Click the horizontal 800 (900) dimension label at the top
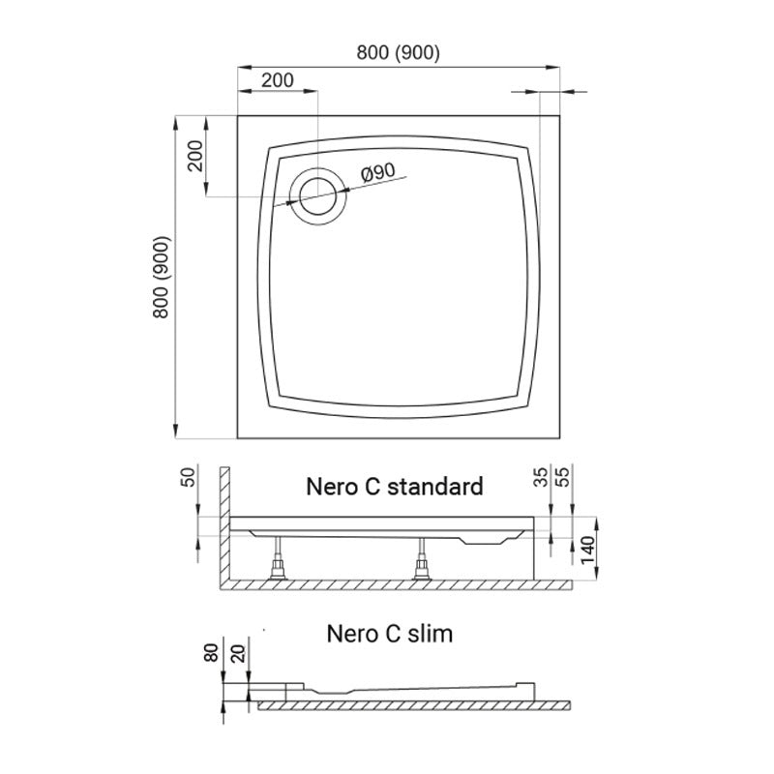coord(398,52)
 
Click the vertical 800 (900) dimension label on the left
coord(162,277)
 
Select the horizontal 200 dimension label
coord(278,80)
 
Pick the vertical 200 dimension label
coord(195,156)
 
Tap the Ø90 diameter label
coord(378,172)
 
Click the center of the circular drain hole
coord(318,196)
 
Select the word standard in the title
coord(434,487)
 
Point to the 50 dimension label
coord(189,477)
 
